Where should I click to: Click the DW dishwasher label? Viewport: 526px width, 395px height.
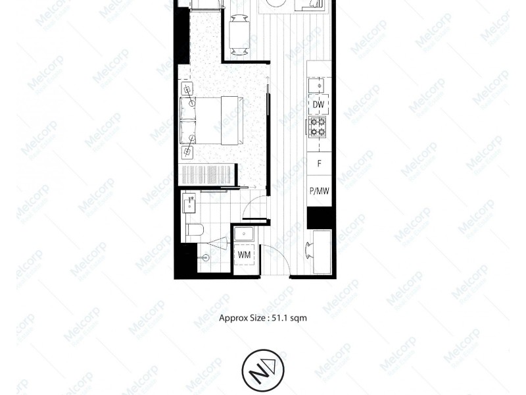click(319, 105)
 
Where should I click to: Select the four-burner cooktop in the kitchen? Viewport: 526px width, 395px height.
click(319, 126)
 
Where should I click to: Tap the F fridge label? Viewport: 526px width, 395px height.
click(319, 163)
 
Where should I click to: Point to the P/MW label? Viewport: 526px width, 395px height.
click(319, 192)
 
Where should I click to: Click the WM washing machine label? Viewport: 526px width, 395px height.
click(244, 254)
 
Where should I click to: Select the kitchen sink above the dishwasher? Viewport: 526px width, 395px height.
click(319, 85)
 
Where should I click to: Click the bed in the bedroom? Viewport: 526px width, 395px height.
click(210, 120)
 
